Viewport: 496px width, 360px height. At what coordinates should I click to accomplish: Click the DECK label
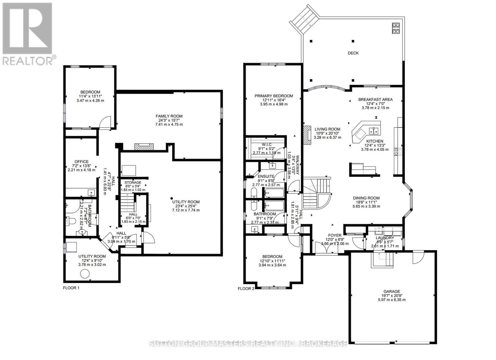point(353,53)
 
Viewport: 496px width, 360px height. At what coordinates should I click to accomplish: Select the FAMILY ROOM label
point(169,116)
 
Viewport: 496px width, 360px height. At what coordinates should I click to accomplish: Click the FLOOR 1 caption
point(71,288)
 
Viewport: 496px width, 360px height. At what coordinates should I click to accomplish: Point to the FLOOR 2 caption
point(246,288)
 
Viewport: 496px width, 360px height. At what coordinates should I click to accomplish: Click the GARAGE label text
point(392,291)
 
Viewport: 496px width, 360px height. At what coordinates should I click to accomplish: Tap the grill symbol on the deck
point(396,28)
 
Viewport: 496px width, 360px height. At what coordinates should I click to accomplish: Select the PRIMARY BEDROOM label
point(273,96)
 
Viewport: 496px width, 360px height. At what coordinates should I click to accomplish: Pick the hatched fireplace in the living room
point(307,135)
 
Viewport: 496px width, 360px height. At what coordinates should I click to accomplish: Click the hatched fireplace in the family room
point(144,147)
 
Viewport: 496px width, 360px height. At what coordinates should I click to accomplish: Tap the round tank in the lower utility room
point(85,274)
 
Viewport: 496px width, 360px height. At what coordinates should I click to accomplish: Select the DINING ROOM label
point(366,198)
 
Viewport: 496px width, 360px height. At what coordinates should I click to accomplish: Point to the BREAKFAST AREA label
point(375,100)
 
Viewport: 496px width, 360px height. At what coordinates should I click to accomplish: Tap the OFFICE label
point(81,162)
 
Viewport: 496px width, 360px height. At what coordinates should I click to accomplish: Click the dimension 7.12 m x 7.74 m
point(186,210)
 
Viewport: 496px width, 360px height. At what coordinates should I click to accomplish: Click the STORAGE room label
point(133,182)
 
